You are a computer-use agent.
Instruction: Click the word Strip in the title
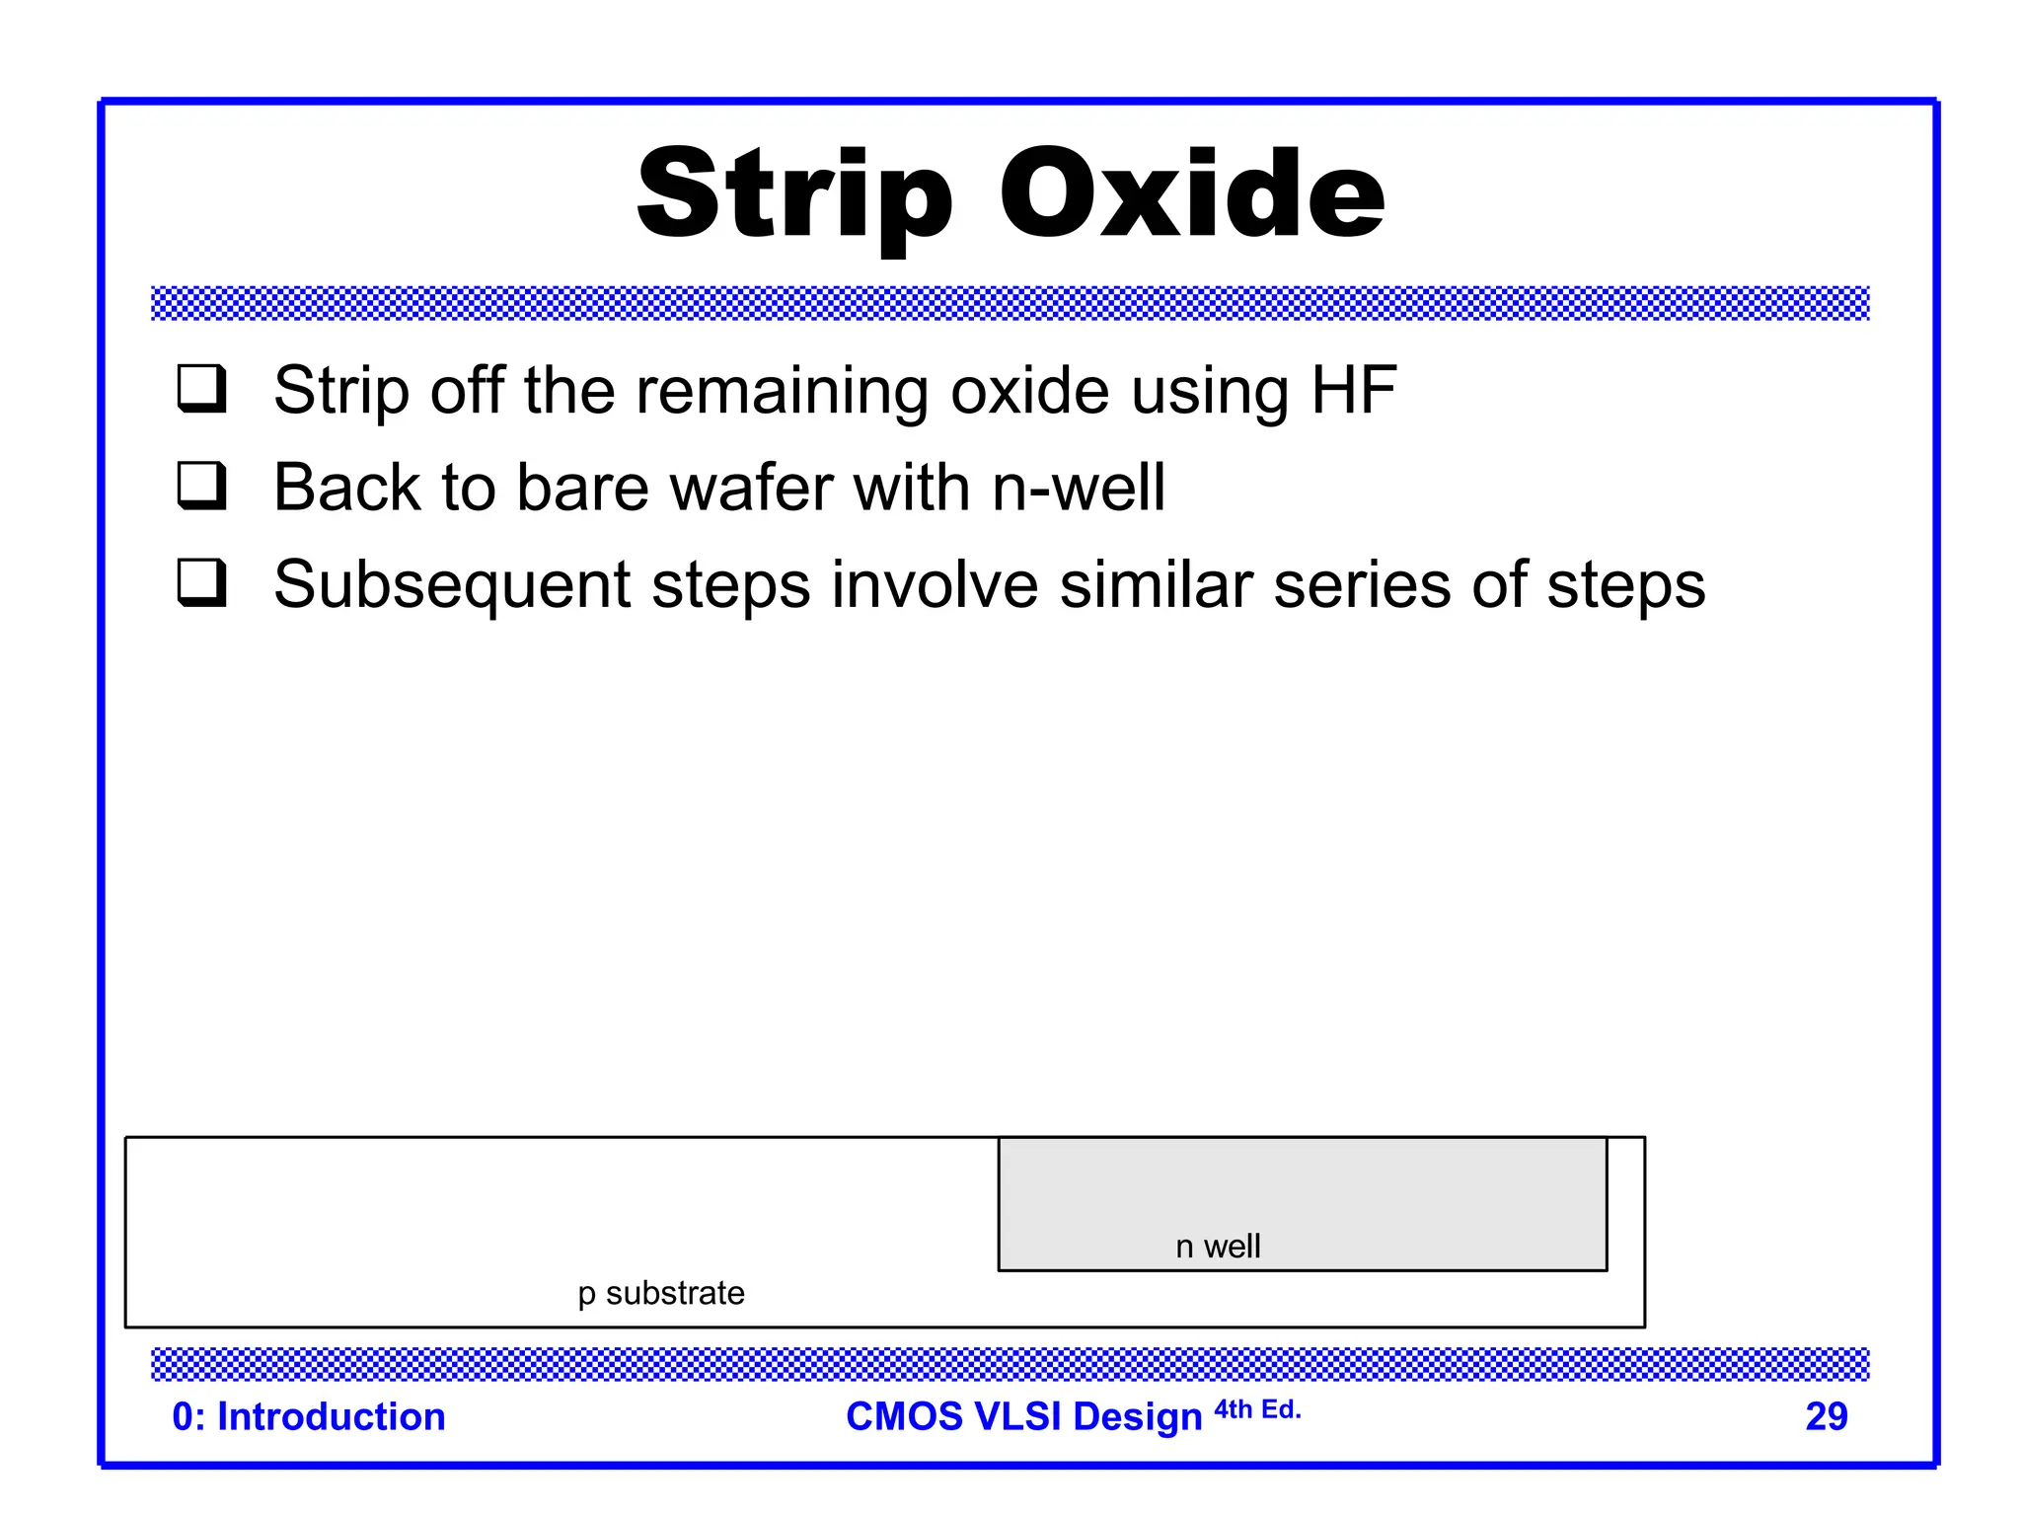(794, 194)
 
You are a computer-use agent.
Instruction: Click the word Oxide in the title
(1192, 192)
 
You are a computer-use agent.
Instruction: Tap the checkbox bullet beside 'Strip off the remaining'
(202, 388)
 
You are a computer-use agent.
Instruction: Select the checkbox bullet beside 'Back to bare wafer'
(202, 485)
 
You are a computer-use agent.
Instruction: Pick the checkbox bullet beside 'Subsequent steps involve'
(202, 582)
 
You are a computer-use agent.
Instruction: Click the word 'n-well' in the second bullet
(1079, 488)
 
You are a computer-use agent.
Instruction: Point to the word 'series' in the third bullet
(1362, 584)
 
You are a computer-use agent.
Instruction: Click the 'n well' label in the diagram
(1218, 1247)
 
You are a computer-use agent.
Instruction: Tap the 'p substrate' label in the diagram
(661, 1293)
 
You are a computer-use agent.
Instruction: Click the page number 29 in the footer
(1826, 1416)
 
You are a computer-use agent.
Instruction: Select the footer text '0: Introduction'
(309, 1416)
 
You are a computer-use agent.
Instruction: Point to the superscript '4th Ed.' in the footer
(1257, 1409)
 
